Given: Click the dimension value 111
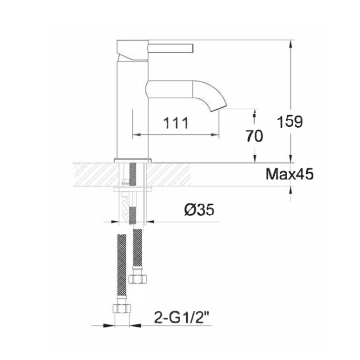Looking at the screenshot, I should pos(175,124).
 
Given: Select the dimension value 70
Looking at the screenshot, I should pos(253,136).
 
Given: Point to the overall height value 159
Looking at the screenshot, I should pos(289,122).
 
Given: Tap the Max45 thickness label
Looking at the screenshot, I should pos(290,174).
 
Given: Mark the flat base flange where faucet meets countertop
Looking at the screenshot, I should pos(133,159).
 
